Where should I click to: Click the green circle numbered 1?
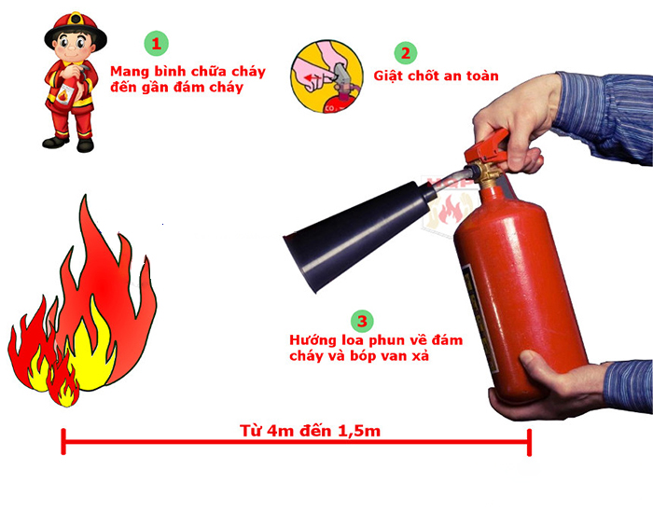tap(157, 43)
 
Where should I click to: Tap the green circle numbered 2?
tap(405, 52)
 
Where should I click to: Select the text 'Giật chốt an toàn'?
tap(436, 76)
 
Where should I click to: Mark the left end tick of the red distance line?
tap(63, 441)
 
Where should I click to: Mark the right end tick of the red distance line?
tap(530, 441)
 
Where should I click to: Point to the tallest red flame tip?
tap(87, 200)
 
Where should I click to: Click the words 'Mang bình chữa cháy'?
tap(188, 72)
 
